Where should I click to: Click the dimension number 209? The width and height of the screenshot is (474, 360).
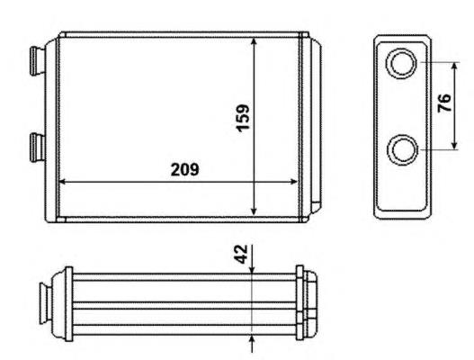tap(185, 169)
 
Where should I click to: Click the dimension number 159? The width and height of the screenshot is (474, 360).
tap(243, 118)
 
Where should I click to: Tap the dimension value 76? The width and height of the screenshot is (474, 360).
tap(444, 103)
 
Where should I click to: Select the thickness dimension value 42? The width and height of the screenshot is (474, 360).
tap(241, 254)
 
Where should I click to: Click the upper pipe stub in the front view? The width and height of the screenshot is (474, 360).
tap(37, 60)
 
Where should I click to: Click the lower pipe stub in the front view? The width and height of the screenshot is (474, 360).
tap(37, 148)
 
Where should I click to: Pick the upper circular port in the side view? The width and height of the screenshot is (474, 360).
tap(401, 63)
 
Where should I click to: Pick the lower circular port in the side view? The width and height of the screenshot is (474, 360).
tap(403, 149)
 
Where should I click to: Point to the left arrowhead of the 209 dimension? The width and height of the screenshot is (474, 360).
tap(62, 182)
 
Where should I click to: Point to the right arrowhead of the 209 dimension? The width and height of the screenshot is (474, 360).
tap(294, 182)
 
